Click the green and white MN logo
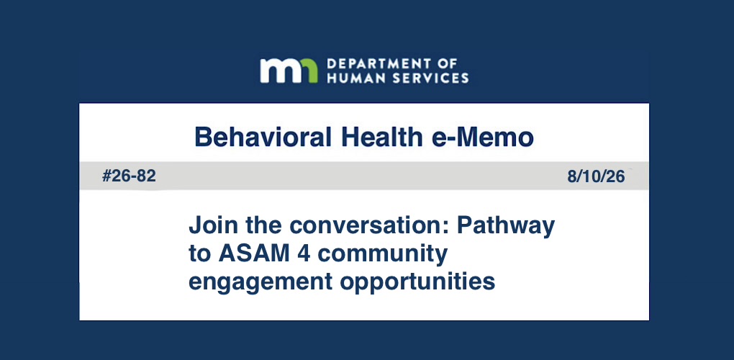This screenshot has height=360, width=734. [x=289, y=71]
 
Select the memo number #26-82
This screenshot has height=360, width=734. [x=129, y=176]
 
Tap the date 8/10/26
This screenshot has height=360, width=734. [x=596, y=177]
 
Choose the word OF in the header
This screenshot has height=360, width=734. [x=448, y=64]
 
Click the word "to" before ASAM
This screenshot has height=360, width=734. [x=199, y=254]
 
